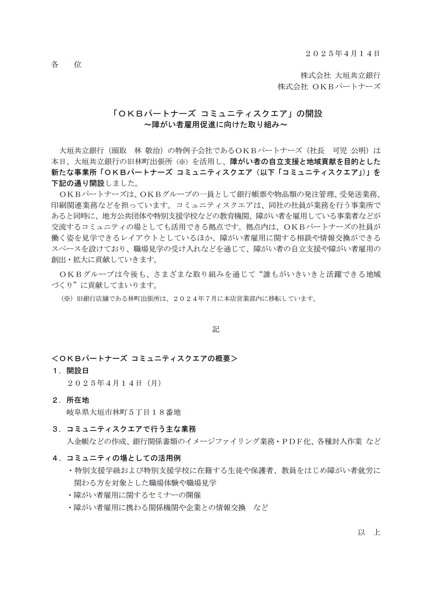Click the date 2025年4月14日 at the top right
point(343,53)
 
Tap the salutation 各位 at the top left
point(66,65)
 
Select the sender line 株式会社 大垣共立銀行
point(340,75)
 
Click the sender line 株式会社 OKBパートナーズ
point(329,87)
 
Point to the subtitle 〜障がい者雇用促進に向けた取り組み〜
point(216,125)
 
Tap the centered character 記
point(216,329)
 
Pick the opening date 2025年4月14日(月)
point(114,383)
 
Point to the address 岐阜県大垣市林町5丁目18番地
point(123,412)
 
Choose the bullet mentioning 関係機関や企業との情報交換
point(168,507)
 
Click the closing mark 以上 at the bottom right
point(368,532)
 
